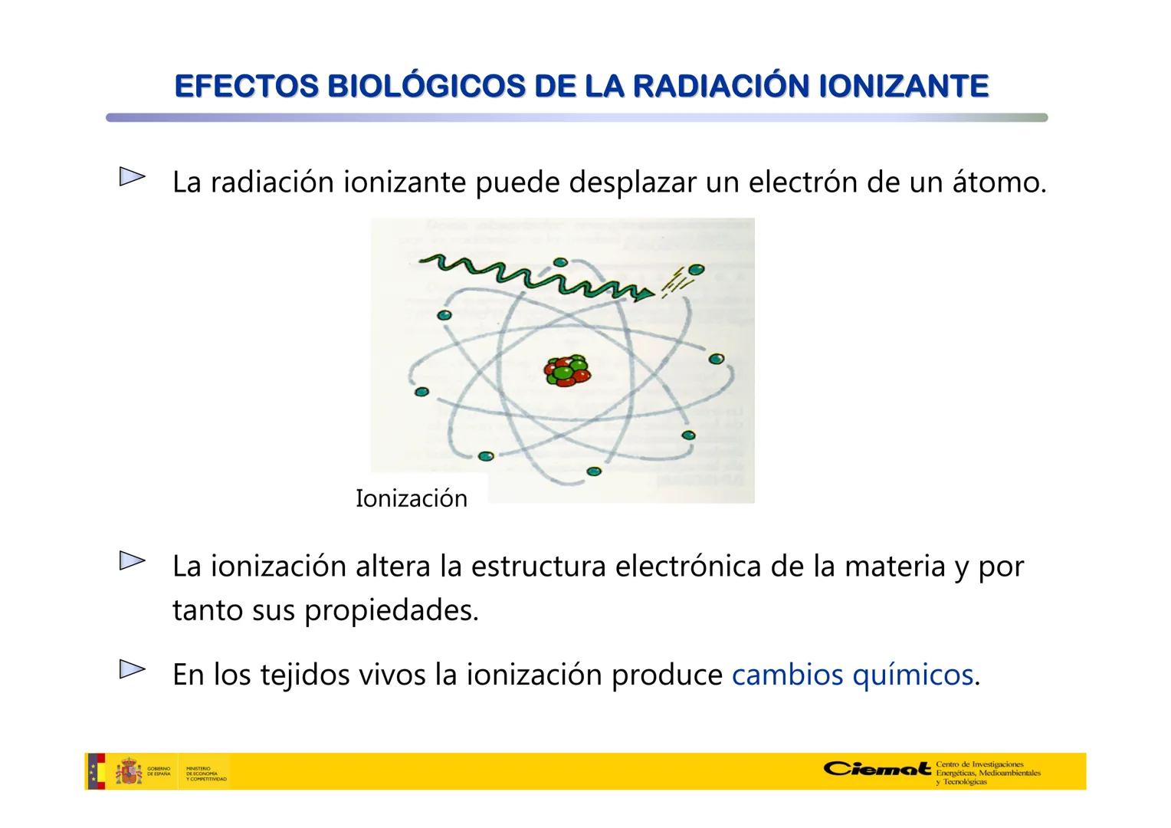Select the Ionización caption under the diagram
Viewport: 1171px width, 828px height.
coord(411,499)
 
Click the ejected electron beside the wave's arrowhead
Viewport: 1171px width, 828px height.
coord(696,270)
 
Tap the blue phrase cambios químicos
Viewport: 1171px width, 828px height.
coord(852,675)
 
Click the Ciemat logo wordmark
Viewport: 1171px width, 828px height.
coord(877,768)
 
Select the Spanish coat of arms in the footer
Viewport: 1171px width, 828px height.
coord(129,771)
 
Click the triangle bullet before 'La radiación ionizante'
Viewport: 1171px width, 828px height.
coord(132,178)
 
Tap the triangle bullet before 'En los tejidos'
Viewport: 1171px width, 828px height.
coord(132,670)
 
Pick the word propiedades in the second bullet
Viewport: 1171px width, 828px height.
coord(391,611)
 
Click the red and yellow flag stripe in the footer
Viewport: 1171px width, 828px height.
coord(96,771)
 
